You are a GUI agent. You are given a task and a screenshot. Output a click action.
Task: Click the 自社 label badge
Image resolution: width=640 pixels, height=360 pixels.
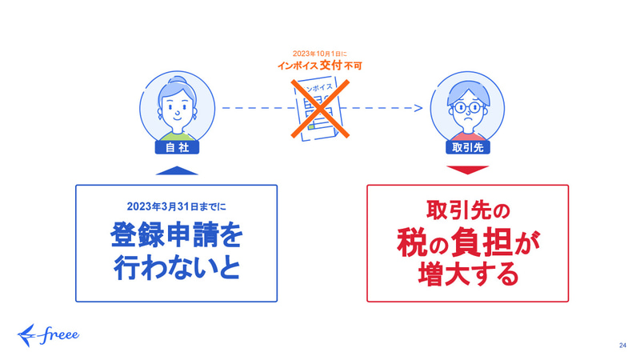177,147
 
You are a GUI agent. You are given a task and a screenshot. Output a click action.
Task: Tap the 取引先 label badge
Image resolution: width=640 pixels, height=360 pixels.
468,147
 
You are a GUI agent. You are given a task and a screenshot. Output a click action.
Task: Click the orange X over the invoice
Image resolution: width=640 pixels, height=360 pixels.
320,109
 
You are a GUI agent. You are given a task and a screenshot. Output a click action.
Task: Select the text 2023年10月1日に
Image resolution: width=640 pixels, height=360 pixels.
320,54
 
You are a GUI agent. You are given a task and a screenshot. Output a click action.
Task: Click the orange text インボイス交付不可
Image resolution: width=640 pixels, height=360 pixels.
320,66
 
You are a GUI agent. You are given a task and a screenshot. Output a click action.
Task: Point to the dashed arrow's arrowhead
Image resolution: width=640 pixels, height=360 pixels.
418,108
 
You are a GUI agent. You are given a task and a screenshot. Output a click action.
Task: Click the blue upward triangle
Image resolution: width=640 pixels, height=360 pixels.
177,170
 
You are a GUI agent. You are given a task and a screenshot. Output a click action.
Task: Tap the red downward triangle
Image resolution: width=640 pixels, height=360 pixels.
468,170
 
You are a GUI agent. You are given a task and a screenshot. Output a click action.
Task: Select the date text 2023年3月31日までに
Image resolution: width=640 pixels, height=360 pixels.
176,206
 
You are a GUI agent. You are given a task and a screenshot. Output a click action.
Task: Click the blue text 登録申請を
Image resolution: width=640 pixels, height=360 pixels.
176,234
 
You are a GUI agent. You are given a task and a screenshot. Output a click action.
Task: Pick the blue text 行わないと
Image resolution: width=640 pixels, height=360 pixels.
176,268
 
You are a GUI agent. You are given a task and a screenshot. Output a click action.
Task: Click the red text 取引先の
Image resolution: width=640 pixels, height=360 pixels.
468,210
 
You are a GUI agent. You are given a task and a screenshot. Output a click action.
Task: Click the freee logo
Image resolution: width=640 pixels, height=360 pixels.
48,335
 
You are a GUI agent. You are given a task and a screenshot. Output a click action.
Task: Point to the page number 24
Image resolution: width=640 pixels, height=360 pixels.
622,346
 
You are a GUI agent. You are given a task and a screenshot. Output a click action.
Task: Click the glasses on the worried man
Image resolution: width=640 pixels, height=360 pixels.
467,108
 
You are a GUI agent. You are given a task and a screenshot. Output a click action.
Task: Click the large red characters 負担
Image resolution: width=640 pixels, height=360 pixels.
481,243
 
